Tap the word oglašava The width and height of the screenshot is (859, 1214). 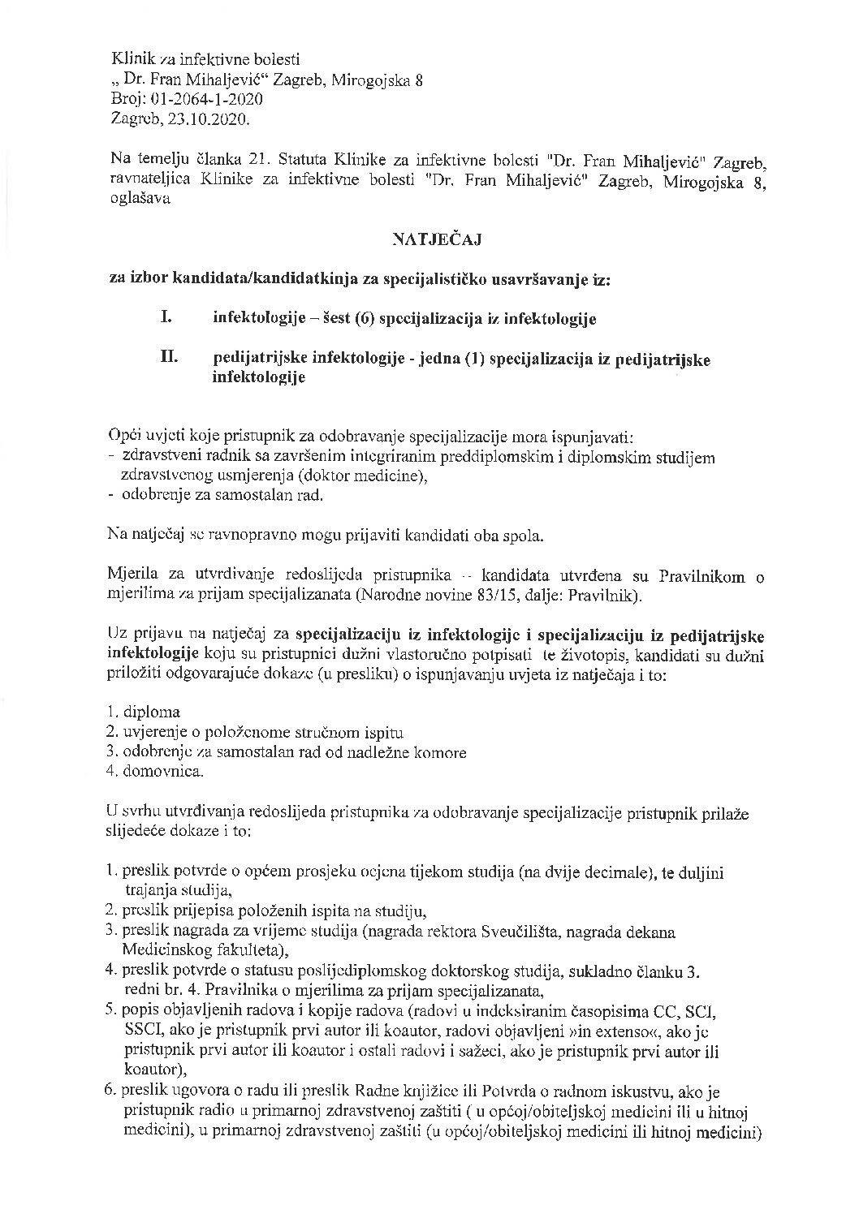point(139,200)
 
